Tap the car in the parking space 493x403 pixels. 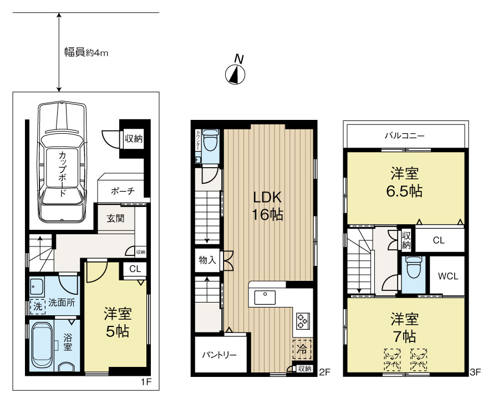[62, 161]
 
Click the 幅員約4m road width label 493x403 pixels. [86, 53]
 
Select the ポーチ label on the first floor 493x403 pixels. [123, 190]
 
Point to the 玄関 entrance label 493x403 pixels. [115, 218]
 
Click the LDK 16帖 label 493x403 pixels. [268, 206]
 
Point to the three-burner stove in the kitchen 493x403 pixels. [303, 320]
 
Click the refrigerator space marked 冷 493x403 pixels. [302, 350]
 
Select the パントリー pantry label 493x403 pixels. [219, 355]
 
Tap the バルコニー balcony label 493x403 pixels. [405, 134]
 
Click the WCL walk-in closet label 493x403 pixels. [448, 276]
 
